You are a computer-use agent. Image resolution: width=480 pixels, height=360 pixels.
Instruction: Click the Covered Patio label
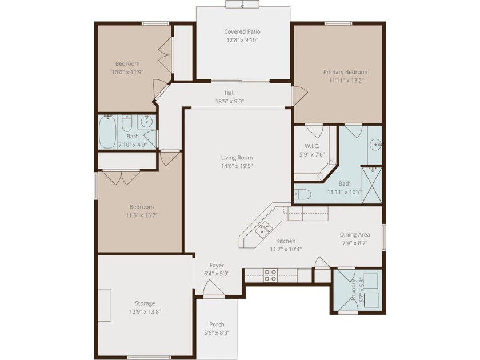click(242, 31)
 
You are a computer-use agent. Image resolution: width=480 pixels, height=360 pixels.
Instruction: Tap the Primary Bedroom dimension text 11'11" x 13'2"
click(346, 81)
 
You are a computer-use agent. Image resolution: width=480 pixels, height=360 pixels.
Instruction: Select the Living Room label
click(237, 158)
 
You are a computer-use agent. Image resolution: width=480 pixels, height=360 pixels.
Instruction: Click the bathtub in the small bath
click(107, 132)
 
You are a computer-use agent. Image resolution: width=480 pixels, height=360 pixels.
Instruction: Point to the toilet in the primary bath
click(302, 195)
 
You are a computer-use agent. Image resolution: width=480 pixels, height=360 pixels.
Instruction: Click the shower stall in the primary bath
click(371, 185)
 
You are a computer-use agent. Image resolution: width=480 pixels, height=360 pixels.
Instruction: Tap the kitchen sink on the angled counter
click(264, 229)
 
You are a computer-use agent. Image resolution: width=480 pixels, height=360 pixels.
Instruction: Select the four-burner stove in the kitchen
click(271, 275)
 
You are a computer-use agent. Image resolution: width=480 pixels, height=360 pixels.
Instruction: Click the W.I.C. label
click(311, 146)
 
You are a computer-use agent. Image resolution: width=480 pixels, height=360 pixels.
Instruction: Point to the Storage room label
click(145, 303)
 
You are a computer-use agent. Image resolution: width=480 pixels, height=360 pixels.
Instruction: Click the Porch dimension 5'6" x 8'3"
click(217, 333)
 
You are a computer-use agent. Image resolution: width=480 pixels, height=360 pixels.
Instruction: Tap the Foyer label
click(217, 265)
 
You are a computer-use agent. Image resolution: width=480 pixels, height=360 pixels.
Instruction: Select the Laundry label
click(354, 289)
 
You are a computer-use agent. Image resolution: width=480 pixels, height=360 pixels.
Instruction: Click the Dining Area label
click(355, 234)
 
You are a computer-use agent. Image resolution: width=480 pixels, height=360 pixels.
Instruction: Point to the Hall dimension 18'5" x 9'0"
click(230, 101)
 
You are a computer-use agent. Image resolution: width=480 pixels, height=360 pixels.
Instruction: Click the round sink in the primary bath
click(375, 145)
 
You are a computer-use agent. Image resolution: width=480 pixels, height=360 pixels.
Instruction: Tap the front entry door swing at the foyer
click(214, 288)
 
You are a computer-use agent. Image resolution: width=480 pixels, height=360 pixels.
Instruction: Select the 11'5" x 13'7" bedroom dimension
click(142, 215)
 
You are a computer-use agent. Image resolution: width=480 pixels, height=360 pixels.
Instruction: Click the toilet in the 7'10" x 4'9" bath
click(126, 123)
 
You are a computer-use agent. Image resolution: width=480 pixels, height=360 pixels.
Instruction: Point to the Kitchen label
click(286, 241)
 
